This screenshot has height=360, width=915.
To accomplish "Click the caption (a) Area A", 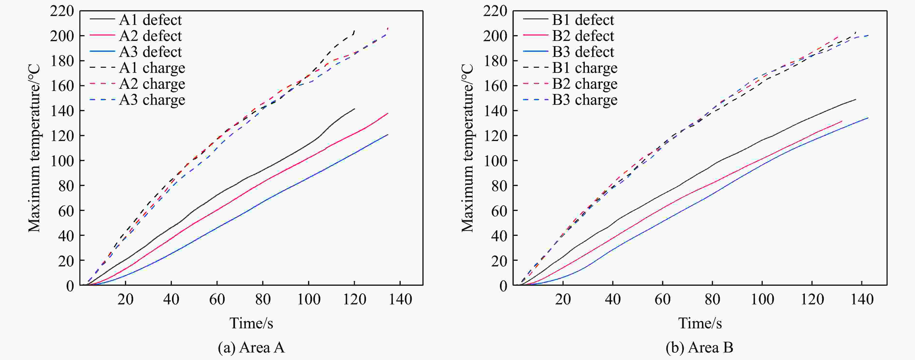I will (251, 347).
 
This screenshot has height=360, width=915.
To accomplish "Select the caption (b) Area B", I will (699, 347).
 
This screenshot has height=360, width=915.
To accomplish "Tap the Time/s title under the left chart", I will (251, 323).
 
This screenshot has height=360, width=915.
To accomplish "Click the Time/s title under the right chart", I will (700, 323).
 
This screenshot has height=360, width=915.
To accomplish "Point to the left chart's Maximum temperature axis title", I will (34, 148).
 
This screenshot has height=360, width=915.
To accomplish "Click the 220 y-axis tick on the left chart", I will (62, 11).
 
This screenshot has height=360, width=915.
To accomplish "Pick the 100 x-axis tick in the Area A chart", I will (309, 299).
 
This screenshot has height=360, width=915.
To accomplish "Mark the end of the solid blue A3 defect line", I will (388, 135).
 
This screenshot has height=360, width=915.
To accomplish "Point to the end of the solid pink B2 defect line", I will (842, 121).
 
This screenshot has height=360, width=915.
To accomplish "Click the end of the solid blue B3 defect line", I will (868, 118).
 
